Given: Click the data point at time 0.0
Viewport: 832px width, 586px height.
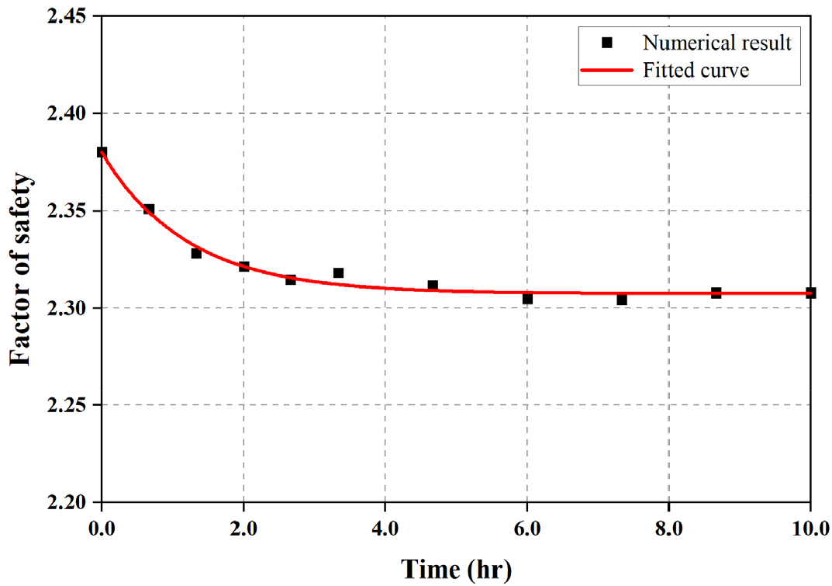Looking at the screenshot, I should [102, 152].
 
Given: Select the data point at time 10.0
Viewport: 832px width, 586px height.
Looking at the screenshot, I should [810, 293].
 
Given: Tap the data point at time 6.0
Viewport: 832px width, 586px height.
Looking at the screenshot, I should [527, 299].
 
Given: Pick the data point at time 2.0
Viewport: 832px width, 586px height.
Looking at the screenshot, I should [243, 266].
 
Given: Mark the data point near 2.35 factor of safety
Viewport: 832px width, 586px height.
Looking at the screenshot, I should [149, 210].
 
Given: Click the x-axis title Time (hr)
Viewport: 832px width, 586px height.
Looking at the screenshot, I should [456, 568].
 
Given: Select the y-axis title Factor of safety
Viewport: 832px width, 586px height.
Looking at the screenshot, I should [21, 269].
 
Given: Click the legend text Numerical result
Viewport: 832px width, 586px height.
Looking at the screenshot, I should [716, 43].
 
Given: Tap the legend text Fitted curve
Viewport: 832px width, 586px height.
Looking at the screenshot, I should [696, 70].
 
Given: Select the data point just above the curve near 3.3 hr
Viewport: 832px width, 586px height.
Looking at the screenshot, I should [338, 273].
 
